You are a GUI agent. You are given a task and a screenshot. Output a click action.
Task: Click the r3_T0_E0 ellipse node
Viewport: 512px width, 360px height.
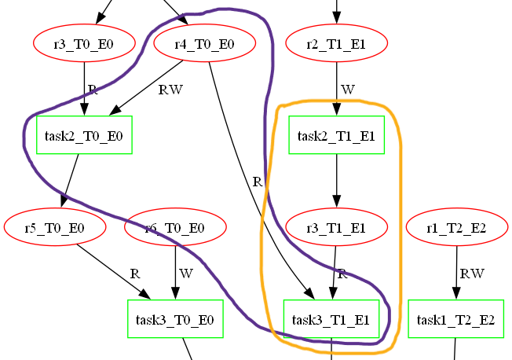pyautogui.click(x=84, y=44)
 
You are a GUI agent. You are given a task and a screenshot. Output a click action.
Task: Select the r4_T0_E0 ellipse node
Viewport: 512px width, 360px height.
pyautogui.click(x=205, y=44)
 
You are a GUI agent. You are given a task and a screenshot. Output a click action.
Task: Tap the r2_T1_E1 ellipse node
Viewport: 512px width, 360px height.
pyautogui.click(x=337, y=44)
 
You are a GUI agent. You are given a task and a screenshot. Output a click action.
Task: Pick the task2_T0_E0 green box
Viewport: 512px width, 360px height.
pyautogui.click(x=84, y=135)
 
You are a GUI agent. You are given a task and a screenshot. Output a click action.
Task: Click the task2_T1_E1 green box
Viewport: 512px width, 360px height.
pyautogui.click(x=337, y=135)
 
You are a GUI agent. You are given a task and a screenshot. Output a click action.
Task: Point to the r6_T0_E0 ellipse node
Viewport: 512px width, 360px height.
pyautogui.click(x=175, y=228)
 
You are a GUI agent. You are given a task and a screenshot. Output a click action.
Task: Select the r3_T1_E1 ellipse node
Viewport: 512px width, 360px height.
pyautogui.click(x=337, y=228)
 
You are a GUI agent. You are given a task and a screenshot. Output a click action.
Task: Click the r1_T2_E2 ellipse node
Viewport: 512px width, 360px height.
pyautogui.click(x=456, y=228)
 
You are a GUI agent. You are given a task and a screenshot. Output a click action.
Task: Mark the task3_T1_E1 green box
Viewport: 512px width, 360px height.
pyautogui.click(x=331, y=319)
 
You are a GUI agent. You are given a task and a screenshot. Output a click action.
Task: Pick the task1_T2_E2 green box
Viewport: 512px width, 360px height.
pyautogui.click(x=455, y=319)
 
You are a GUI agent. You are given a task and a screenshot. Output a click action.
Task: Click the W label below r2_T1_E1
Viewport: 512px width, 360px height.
pyautogui.click(x=347, y=90)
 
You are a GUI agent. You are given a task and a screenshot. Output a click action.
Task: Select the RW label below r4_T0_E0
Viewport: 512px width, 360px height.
pyautogui.click(x=170, y=90)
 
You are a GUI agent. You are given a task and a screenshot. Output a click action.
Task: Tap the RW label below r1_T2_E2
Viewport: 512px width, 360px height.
pyautogui.click(x=471, y=274)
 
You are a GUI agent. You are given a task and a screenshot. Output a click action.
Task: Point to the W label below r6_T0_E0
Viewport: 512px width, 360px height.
pyautogui.click(x=185, y=274)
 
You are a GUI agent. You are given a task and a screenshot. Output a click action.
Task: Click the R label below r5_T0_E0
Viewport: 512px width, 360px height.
pyautogui.click(x=134, y=274)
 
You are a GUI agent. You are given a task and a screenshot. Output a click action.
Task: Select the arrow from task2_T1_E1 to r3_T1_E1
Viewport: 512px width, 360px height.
pyautogui.click(x=337, y=181)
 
